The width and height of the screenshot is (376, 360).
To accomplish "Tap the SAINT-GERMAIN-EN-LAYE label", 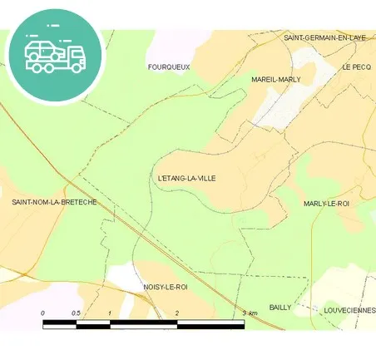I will pos(324,37).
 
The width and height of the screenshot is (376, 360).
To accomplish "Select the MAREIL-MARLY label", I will pos(275,79).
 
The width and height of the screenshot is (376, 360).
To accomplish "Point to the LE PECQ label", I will pos(356,67).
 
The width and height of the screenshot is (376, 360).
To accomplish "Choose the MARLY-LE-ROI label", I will pos(326,203).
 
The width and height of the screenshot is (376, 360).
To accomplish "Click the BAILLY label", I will pos(280,307).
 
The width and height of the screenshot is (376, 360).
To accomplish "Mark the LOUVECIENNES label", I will pos(349,309).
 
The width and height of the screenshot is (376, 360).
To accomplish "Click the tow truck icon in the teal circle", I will pos(55,55).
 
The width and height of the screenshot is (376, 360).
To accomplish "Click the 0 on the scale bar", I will pos(43,313).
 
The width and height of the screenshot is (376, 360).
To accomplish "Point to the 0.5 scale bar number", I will pos(76,313).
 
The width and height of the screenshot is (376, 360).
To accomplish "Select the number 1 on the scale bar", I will pos(110,313).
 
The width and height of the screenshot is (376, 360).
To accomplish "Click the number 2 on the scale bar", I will pos(177,313).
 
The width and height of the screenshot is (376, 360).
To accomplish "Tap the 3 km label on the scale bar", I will pos(250,313).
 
